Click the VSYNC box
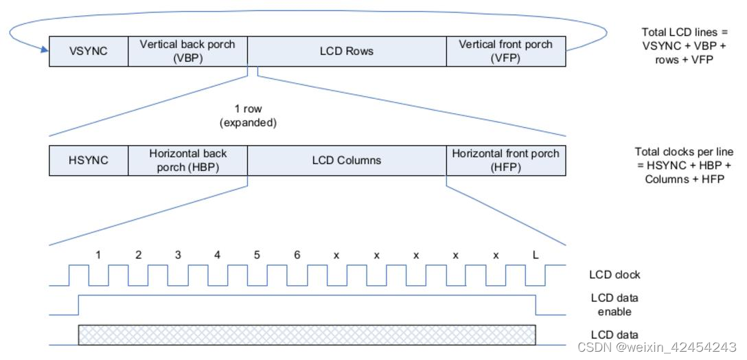pos(89,51)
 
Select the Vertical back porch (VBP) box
pos(187,51)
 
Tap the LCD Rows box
pos(347,51)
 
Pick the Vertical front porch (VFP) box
pos(506,51)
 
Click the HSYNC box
pos(89,160)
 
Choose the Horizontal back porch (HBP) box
pos(187,160)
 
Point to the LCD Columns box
pos(347,160)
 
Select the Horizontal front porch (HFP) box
pos(506,160)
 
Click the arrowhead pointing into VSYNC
pos(44,50)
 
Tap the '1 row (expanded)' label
pos(248,116)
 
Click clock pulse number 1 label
pos(98,255)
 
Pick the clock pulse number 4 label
pos(217,255)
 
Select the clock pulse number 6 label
pos(297,255)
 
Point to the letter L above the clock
pos(536,255)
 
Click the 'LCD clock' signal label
pos(614,275)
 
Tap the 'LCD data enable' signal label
pos(614,304)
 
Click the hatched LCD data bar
pos(307,335)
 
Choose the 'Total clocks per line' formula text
pos(684,166)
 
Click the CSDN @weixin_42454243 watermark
pos(657,347)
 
